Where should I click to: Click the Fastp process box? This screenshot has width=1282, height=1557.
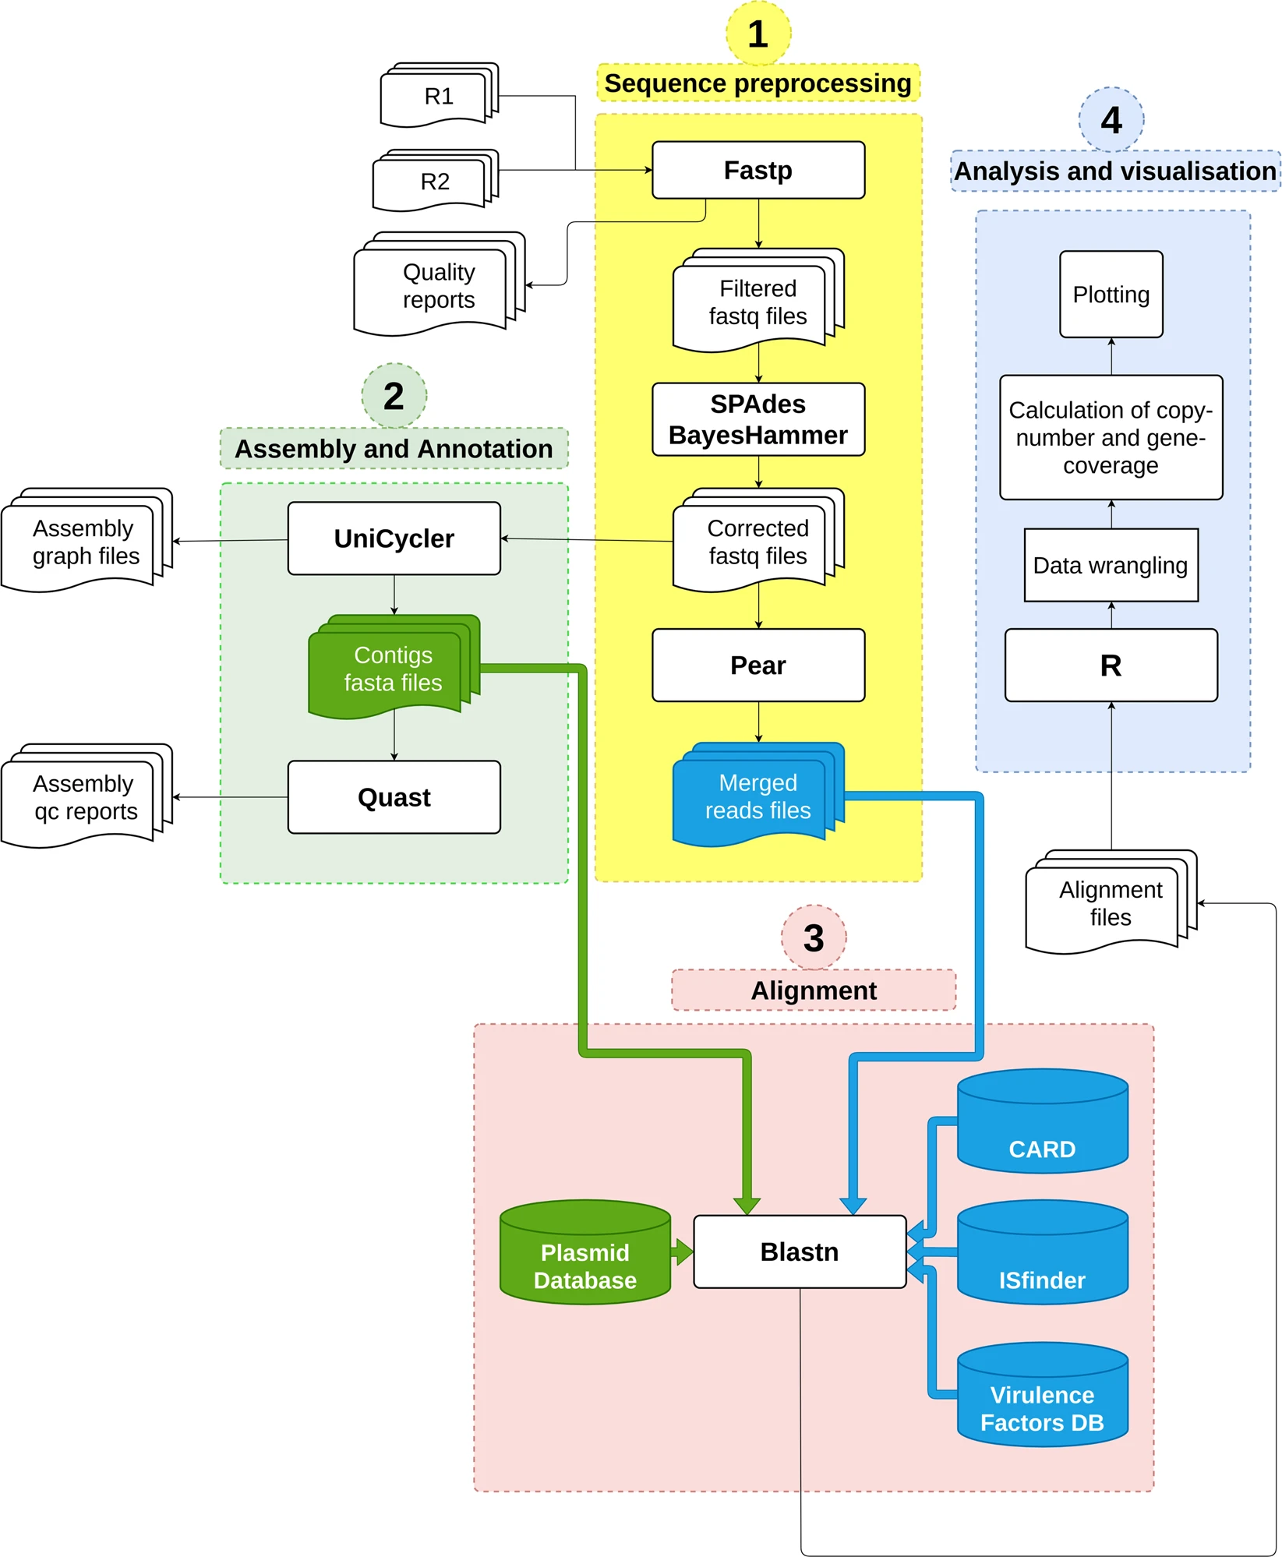point(758,170)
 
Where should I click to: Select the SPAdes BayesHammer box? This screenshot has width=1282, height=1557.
point(758,419)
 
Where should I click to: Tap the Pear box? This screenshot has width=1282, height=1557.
point(758,665)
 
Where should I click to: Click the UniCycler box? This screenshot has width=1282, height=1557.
point(394,538)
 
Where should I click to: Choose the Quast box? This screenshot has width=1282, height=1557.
point(394,797)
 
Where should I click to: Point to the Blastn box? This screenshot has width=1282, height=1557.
point(800,1252)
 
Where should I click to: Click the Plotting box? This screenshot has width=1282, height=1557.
point(1111,295)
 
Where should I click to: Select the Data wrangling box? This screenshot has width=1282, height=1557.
point(1111,565)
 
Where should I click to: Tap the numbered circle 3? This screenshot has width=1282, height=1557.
point(814,937)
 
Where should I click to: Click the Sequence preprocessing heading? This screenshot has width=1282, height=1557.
point(758,83)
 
